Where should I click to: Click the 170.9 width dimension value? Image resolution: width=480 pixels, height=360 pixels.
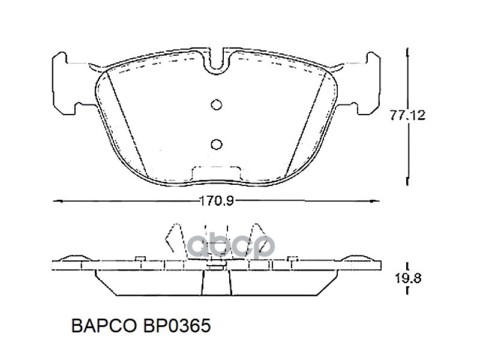(x=217, y=201)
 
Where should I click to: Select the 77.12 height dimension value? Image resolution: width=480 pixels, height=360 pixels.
(x=407, y=115)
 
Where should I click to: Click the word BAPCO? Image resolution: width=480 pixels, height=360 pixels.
(x=104, y=325)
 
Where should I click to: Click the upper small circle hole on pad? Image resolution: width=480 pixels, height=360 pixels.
(x=217, y=104)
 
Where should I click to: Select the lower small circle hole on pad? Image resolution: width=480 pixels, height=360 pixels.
(x=217, y=144)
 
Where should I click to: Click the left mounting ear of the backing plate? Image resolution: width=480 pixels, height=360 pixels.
(x=64, y=83)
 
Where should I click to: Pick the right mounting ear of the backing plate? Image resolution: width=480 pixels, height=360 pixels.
(x=369, y=83)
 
